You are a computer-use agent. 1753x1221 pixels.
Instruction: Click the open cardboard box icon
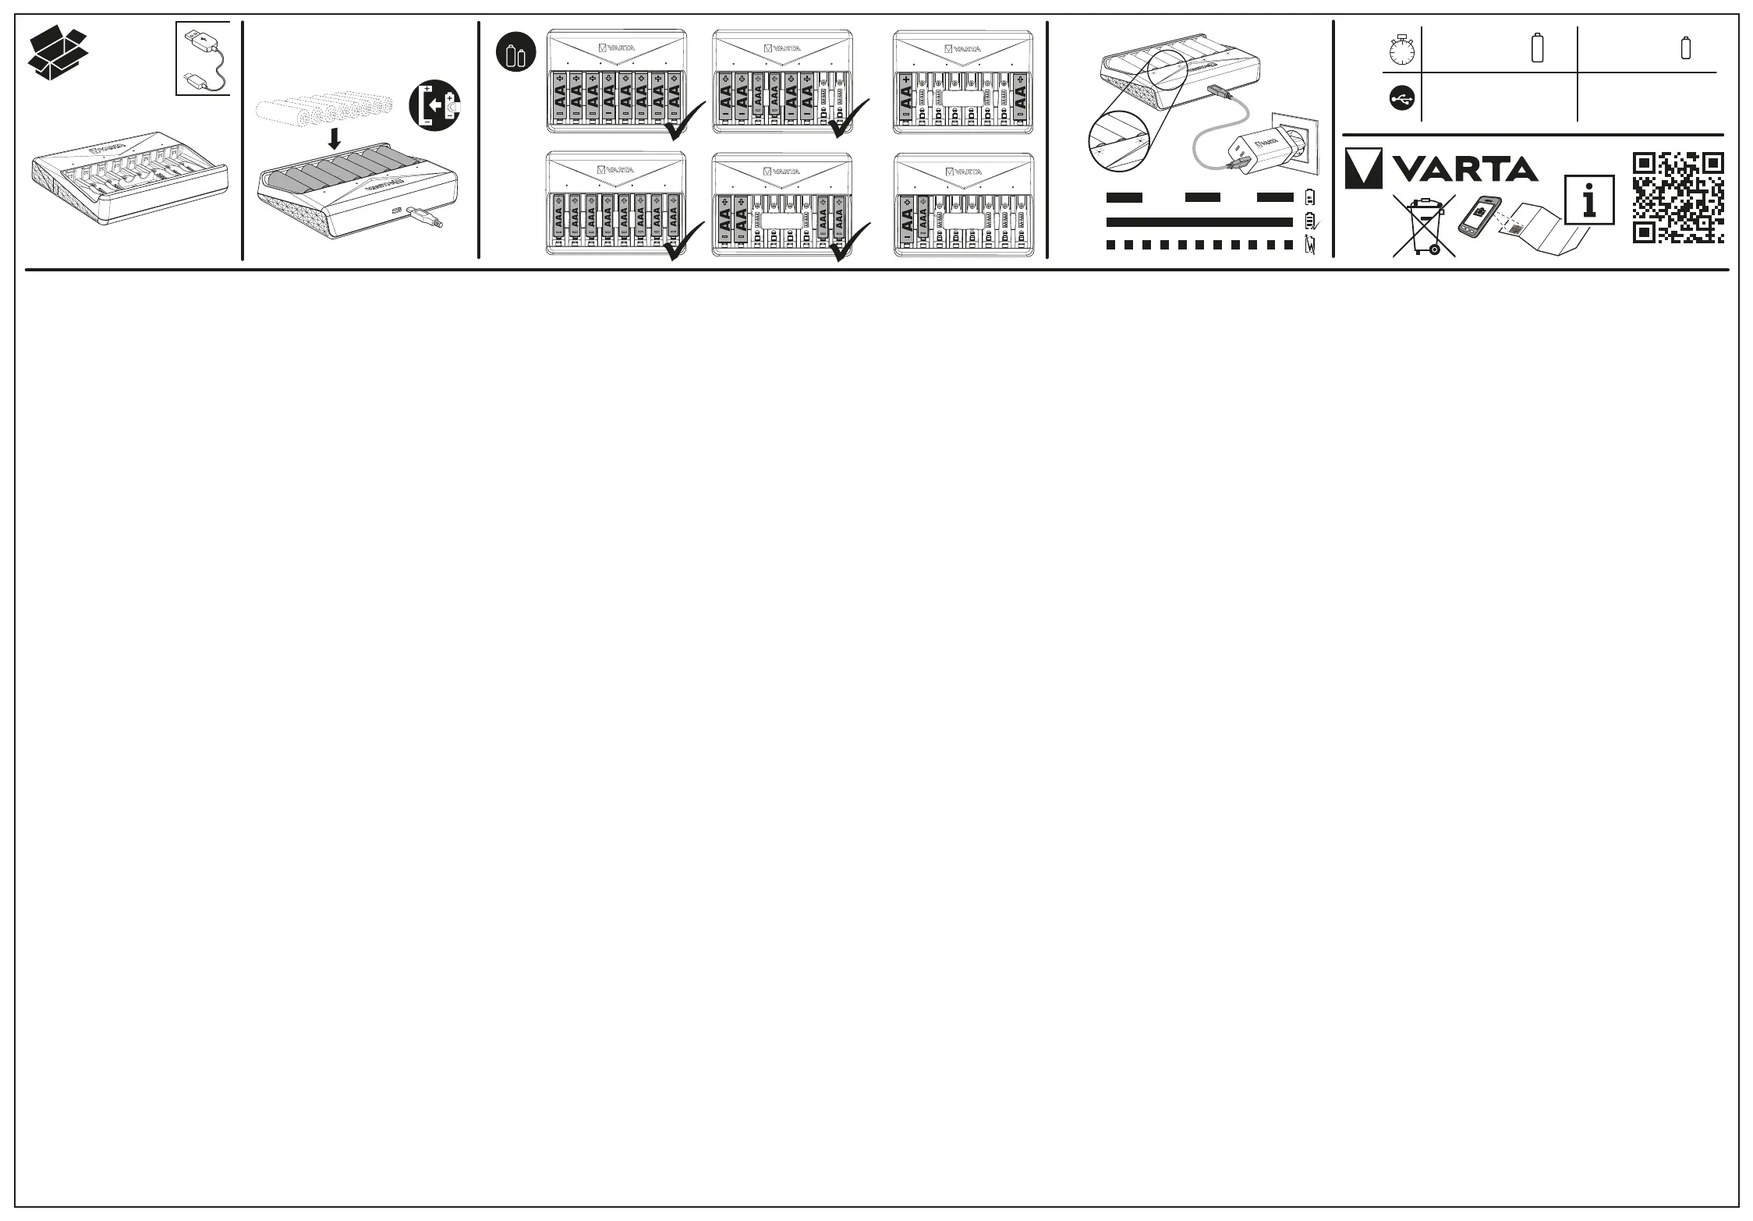point(58,52)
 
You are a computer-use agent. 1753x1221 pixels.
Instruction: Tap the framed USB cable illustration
point(203,58)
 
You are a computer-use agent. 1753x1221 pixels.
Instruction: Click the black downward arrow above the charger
point(334,139)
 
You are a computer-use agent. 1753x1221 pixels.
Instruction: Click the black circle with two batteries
point(516,54)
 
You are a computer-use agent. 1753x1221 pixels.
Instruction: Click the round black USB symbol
point(1401,98)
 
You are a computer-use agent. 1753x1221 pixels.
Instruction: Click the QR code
point(1678,197)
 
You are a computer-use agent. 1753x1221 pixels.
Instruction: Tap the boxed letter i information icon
point(1589,201)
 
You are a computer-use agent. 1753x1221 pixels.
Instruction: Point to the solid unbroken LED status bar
point(1199,222)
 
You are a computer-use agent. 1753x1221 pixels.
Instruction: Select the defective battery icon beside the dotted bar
point(1310,245)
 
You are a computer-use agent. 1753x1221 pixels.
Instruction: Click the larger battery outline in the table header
point(1537,48)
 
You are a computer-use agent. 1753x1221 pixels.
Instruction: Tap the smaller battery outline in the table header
point(1686,48)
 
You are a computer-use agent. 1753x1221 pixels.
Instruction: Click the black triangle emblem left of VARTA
point(1363,168)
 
